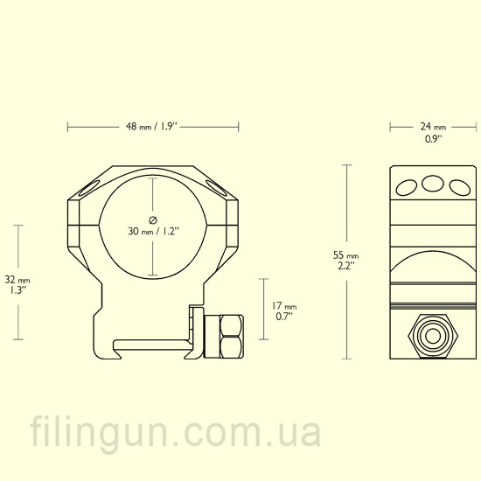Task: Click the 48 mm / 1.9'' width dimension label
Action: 152,127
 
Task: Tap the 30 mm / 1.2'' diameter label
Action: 153,231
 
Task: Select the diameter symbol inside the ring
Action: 153,220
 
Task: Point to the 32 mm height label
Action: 17,280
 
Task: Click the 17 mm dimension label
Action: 284,306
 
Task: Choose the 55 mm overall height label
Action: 345,254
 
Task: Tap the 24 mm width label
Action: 433,127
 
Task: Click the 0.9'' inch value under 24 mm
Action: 433,139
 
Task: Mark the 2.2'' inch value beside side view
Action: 346,266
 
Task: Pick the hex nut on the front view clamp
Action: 232,337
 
